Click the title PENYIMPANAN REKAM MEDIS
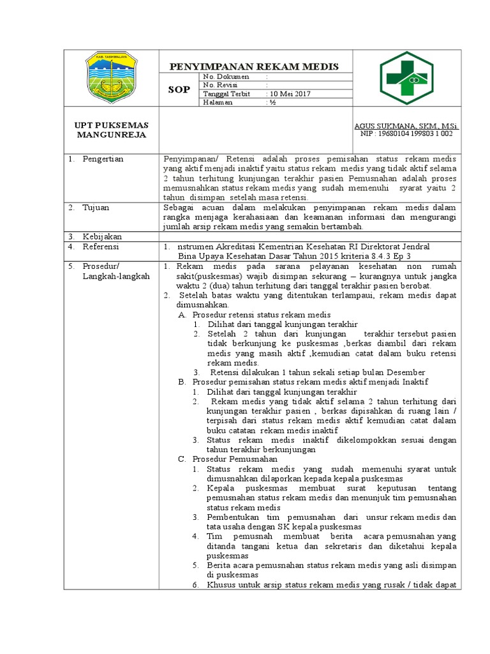pyautogui.click(x=254, y=66)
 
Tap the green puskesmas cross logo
pyautogui.click(x=406, y=79)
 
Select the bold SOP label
pyautogui.click(x=179, y=89)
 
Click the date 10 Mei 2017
pyautogui.click(x=289, y=93)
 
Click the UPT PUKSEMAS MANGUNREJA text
pyautogui.click(x=112, y=130)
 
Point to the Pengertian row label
pyautogui.click(x=103, y=158)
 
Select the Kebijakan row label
pyautogui.click(x=102, y=236)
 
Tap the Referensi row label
pyautogui.click(x=103, y=247)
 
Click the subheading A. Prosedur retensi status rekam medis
pyautogui.click(x=254, y=315)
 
